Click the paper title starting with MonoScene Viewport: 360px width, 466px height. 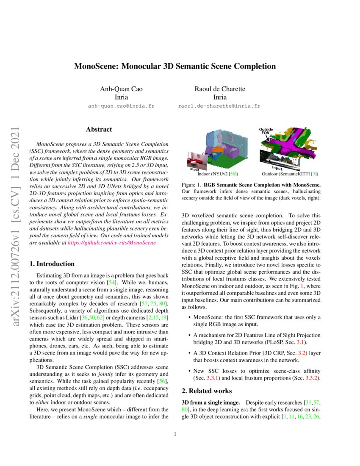tap(175, 67)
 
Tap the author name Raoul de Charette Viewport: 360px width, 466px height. tap(220, 89)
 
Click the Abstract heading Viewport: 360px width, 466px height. tap(99, 129)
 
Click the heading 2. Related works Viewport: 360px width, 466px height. tap(206, 391)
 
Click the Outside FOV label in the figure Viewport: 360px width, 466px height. tap(266, 130)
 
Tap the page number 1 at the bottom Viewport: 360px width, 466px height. tap(175, 434)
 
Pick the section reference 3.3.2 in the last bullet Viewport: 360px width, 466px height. tap(313, 377)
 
